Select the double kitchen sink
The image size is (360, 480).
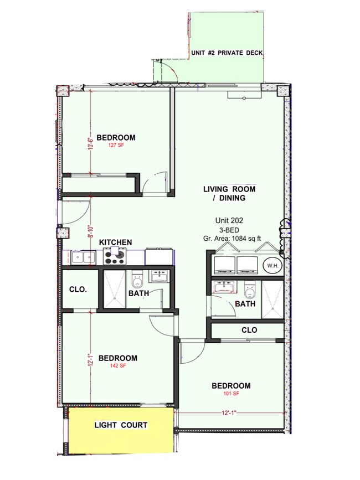[83, 257]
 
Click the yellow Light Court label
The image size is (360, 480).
[121, 425]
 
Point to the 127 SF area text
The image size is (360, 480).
[116, 146]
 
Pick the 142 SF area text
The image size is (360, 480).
[118, 365]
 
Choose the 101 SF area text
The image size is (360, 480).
[231, 394]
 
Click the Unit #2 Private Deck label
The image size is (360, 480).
[227, 53]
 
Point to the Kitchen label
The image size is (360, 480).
[115, 242]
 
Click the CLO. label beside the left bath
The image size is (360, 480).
[78, 290]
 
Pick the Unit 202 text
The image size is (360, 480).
[229, 220]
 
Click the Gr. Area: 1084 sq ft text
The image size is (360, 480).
[232, 238]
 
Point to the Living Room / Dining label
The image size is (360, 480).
[229, 193]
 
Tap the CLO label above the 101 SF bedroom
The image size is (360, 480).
[249, 330]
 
